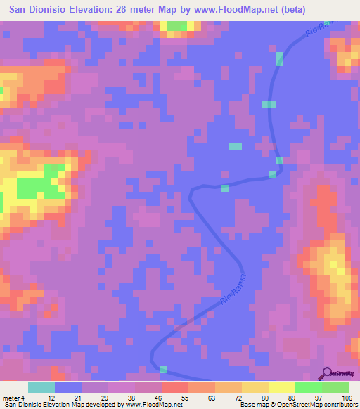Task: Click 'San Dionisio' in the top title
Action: pos(35,10)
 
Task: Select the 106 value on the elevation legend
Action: pos(345,397)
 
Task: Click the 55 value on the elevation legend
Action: pos(184,397)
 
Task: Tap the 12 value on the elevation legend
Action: pos(51,397)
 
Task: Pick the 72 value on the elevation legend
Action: pos(238,397)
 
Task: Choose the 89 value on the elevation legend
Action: pos(291,397)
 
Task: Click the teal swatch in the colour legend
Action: pos(41,387)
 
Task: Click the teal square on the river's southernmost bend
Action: pos(164,370)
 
